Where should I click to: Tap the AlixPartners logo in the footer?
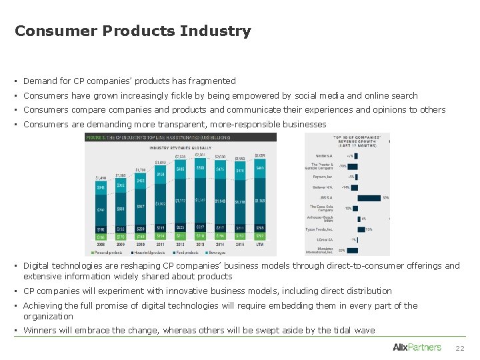coord(417,347)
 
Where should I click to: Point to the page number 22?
coord(459,348)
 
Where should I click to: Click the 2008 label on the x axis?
coord(101,245)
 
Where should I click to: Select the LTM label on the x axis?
coord(260,245)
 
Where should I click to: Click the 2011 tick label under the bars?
coord(161,245)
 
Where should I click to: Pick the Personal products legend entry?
coord(109,253)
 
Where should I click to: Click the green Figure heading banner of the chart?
coord(180,137)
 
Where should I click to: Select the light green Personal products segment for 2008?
coord(101,236)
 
